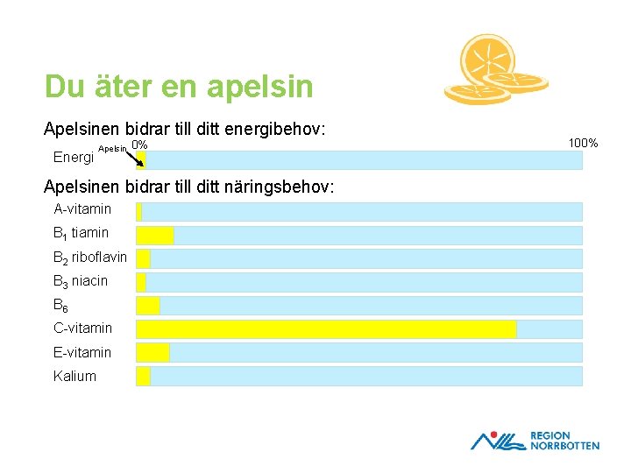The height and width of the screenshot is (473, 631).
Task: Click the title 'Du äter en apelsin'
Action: [179, 87]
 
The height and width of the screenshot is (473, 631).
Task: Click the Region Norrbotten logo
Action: [535, 440]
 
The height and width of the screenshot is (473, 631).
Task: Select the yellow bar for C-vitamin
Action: [326, 328]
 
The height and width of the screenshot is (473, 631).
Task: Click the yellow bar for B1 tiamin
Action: [154, 235]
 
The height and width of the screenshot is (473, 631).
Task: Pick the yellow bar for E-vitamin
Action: [152, 352]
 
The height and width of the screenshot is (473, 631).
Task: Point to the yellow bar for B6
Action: [147, 305]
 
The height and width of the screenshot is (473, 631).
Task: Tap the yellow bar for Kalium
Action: [143, 376]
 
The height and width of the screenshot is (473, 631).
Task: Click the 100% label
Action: [583, 142]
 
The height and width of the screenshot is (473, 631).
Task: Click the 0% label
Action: [138, 145]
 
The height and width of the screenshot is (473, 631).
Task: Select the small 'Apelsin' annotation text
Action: [112, 149]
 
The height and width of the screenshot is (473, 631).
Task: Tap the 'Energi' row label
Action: [74, 158]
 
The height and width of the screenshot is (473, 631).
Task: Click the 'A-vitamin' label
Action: [82, 209]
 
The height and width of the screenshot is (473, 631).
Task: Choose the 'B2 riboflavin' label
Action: [90, 258]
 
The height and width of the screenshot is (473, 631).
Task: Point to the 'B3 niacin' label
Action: [81, 281]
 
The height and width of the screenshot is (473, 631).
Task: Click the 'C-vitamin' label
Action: [82, 328]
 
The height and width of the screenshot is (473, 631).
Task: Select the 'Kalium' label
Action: [74, 376]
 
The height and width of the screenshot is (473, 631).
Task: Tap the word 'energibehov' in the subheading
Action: [273, 129]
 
